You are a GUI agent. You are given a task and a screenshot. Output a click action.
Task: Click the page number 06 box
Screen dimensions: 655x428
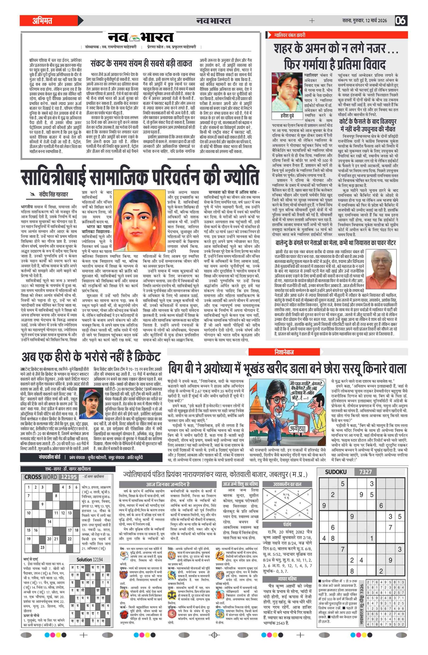click(401, 21)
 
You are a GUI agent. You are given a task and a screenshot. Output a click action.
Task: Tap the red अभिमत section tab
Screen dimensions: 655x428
click(43, 21)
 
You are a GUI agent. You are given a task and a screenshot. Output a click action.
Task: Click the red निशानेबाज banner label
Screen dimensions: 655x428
click(284, 352)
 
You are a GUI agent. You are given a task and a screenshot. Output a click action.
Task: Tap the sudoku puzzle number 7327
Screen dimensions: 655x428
click(365, 472)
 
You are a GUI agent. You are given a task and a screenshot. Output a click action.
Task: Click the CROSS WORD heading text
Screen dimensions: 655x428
click(40, 477)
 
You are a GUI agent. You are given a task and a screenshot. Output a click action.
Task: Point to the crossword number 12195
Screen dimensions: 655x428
click(69, 477)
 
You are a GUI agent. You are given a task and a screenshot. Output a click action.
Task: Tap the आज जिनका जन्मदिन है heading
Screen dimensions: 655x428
click(168, 484)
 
